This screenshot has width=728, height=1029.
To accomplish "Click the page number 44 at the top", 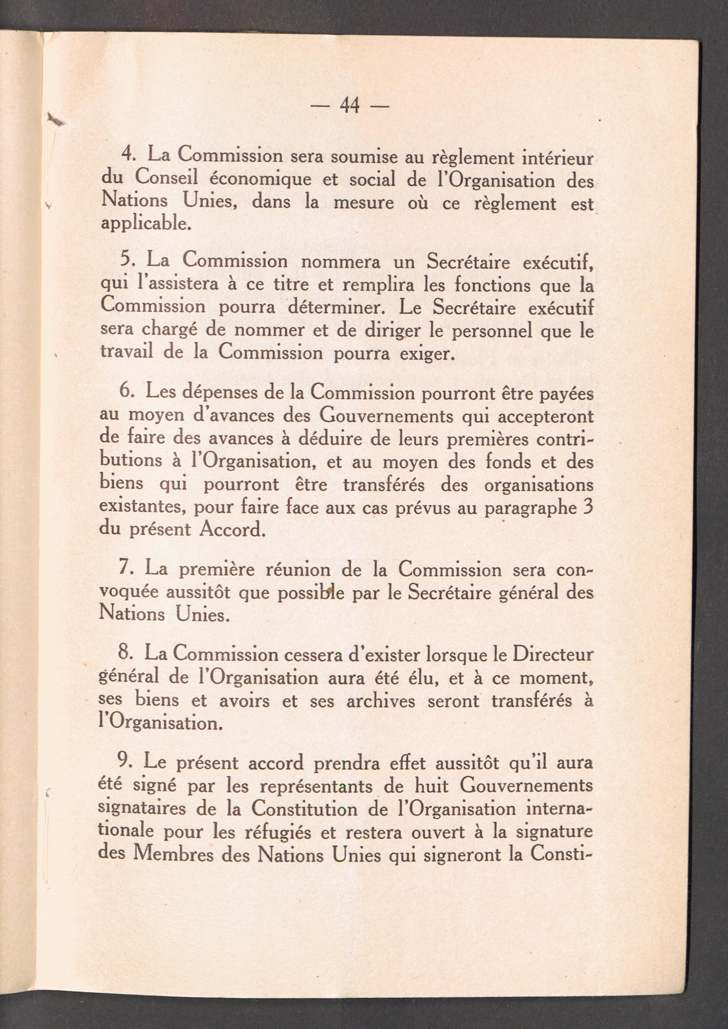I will [x=350, y=106].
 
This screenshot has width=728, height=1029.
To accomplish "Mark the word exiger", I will [x=426, y=355].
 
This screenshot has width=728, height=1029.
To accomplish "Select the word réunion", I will [x=298, y=570].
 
